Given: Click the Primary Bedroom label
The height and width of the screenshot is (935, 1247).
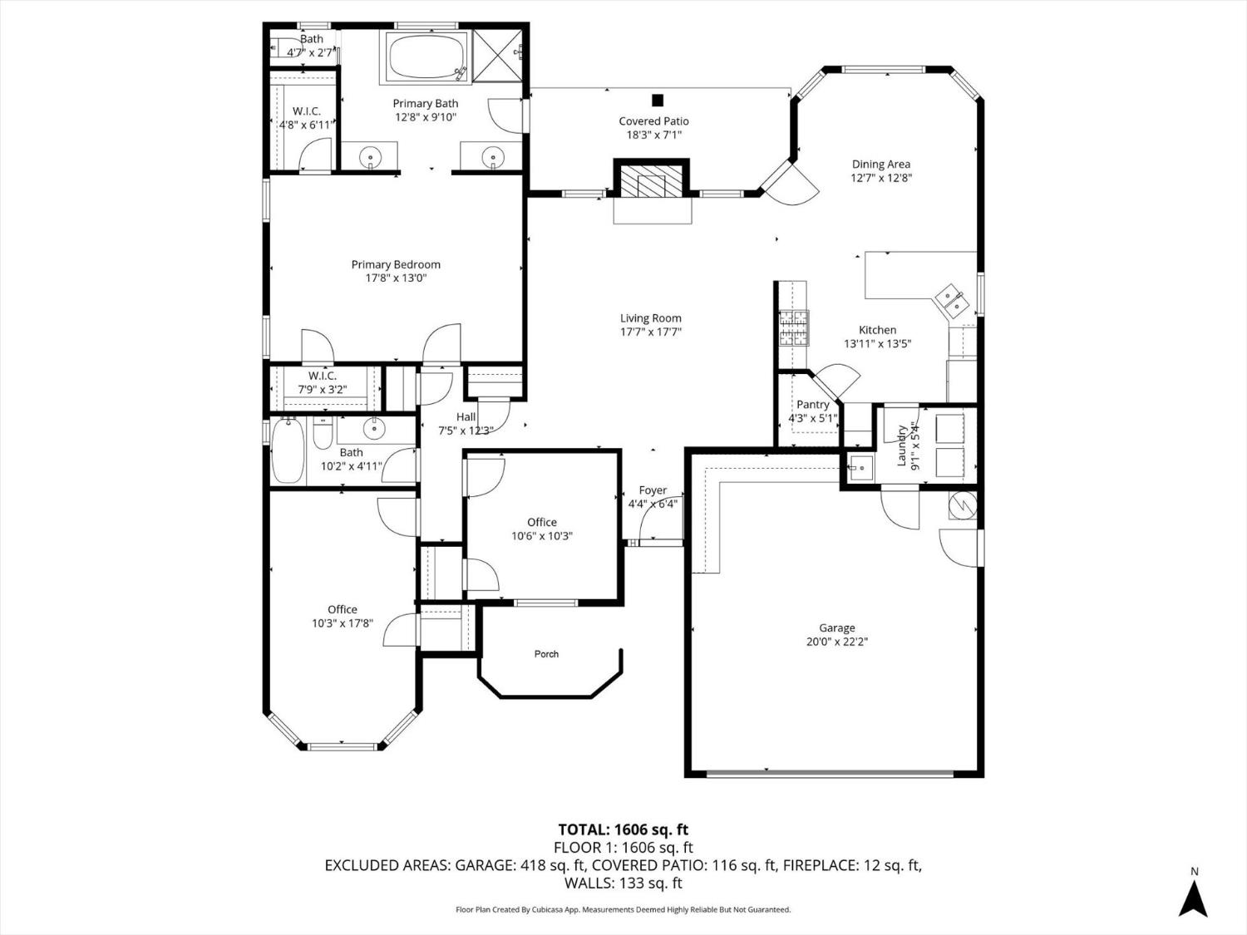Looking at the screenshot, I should pos(396,265).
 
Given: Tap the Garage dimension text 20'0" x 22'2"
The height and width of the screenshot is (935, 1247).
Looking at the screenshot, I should pos(836,642).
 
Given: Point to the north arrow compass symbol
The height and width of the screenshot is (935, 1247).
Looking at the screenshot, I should pos(1195,898).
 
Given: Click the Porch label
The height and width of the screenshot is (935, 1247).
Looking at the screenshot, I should pos(546,654).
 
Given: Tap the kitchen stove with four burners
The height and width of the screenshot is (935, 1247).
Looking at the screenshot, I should pos(793,327).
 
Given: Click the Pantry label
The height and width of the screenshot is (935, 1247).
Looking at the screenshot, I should pos(812,405).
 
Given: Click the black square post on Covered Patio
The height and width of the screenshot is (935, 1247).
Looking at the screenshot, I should pos(658,101).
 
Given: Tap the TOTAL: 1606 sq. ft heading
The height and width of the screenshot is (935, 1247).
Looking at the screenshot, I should pos(623,829).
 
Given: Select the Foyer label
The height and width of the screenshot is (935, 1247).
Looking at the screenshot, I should pos(653,490).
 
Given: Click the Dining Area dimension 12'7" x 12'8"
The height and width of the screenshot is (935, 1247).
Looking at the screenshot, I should pos(880,178).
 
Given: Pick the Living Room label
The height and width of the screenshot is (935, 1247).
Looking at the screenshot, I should pos(650,318).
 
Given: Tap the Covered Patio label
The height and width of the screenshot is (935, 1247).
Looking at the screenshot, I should pos(653,121).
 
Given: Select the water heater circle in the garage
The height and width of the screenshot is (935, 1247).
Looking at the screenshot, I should pos(963,504).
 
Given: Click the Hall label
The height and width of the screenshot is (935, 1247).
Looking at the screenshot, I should pos(466,417).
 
